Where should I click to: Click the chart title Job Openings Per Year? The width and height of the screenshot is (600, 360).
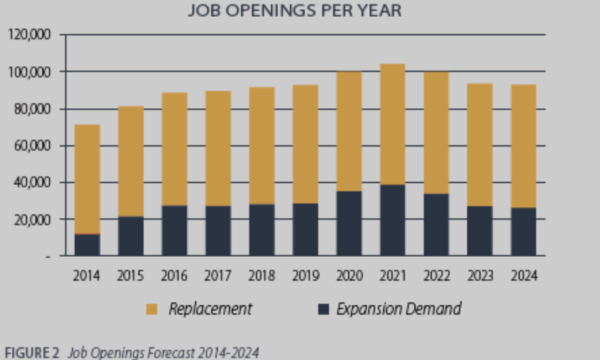[295, 11]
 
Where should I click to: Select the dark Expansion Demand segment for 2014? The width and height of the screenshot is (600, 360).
[87, 244]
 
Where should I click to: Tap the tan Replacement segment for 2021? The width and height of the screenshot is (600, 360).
[392, 124]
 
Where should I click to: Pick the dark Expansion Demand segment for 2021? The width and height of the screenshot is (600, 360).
[392, 220]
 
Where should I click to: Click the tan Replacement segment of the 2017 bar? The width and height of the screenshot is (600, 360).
[218, 148]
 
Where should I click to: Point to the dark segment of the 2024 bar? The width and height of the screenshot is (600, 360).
[523, 232]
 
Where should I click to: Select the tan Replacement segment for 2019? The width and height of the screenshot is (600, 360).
[305, 144]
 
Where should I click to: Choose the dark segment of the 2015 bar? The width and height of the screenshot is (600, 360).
[131, 236]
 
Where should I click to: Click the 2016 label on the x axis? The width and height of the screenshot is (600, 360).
[174, 275]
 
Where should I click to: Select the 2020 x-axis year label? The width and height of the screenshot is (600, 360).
[349, 275]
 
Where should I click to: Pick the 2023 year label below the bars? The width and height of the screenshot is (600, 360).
[480, 275]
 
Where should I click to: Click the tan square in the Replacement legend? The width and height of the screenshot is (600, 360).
[152, 309]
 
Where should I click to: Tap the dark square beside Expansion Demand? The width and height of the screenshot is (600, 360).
[324, 309]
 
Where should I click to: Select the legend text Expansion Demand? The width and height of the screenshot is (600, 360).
[399, 309]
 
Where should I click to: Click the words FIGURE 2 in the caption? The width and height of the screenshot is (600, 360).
[32, 352]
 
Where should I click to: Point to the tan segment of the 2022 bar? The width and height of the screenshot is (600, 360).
[436, 133]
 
